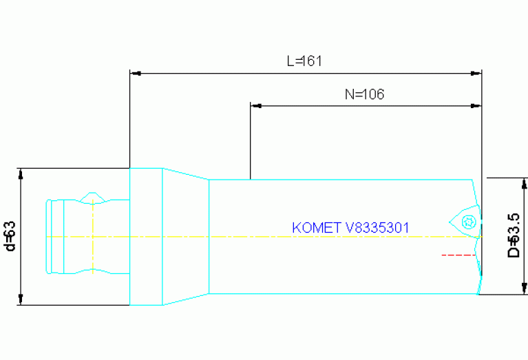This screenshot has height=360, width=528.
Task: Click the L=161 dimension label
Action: pyautogui.click(x=304, y=61)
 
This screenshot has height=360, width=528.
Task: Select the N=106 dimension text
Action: pyautogui.click(x=364, y=95)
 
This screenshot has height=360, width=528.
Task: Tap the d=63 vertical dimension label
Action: pyautogui.click(x=10, y=236)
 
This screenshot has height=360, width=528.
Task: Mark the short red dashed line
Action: pyautogui.click(x=458, y=255)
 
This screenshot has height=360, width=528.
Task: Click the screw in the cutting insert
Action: pyautogui.click(x=470, y=222)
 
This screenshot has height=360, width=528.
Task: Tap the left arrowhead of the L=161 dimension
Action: pyautogui.click(x=135, y=72)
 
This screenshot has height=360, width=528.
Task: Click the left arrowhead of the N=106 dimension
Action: pyautogui.click(x=255, y=106)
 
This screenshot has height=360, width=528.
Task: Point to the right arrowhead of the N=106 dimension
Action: pyautogui.click(x=476, y=106)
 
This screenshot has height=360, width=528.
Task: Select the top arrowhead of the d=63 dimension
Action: pyautogui.click(x=21, y=173)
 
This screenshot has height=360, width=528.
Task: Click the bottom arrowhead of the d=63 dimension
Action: pyautogui.click(x=21, y=299)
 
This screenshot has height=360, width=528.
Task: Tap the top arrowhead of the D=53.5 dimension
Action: pyautogui.click(x=522, y=182)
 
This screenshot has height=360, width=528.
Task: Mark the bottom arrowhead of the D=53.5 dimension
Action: pyautogui.click(x=522, y=289)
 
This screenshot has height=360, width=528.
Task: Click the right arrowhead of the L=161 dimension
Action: pyautogui.click(x=476, y=72)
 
